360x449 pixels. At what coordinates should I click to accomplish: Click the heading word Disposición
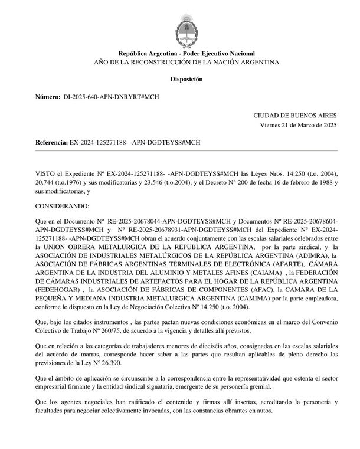tap(186, 78)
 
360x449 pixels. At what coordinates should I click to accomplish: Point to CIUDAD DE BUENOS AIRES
tap(295, 116)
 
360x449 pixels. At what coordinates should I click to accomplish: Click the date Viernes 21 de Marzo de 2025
tap(298, 126)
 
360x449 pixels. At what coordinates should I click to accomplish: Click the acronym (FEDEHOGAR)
tap(61, 290)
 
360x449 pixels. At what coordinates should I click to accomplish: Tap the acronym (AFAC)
tap(262, 290)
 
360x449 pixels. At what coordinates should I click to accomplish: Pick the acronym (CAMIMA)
tap(237, 299)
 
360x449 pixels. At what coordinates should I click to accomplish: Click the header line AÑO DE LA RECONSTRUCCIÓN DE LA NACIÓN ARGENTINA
tap(186, 62)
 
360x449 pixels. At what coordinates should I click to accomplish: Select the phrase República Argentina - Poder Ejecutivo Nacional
tap(186, 54)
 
